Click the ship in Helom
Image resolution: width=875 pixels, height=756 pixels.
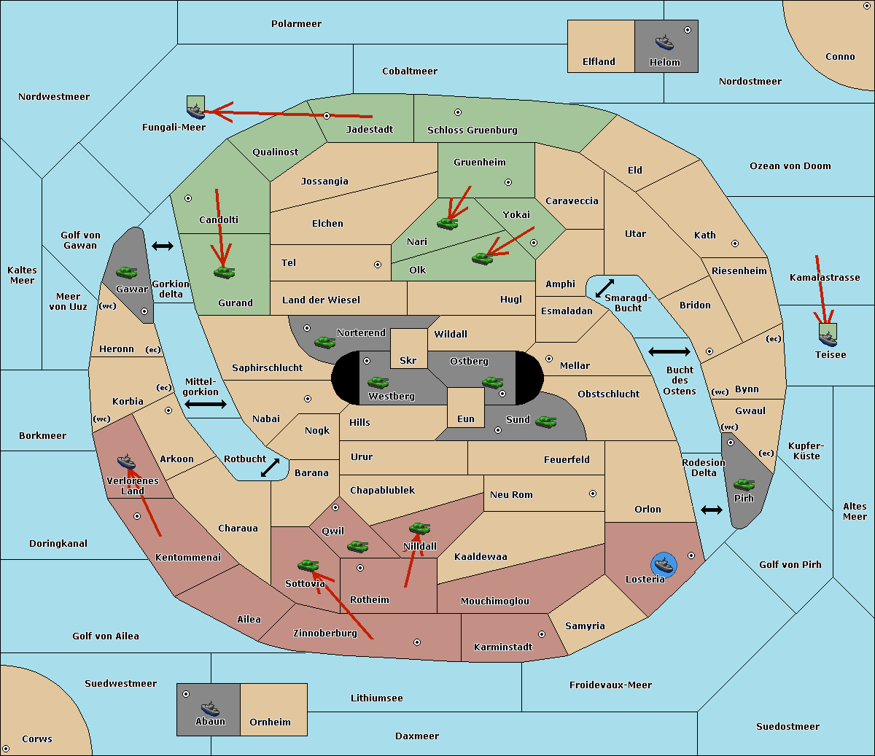tap(664, 42)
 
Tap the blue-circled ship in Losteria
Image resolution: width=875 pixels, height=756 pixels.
tap(664, 565)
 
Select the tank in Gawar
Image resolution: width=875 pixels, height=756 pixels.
tap(126, 272)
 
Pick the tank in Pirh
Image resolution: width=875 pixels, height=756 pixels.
tap(744, 485)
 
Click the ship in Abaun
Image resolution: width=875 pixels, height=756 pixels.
tap(210, 708)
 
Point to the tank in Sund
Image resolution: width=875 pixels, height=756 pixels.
tap(545, 421)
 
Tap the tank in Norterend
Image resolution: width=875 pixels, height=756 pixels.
tap(324, 342)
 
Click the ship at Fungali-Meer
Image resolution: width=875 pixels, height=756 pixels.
tap(196, 111)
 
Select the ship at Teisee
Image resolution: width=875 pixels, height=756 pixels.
tap(828, 339)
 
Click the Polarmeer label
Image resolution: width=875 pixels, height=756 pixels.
tap(296, 24)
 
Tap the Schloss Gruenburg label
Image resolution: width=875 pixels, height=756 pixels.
tap(472, 130)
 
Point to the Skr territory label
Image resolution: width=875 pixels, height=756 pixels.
tap(408, 360)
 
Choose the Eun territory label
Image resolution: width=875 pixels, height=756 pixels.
tap(466, 418)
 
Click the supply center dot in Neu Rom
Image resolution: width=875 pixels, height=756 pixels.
tap(593, 494)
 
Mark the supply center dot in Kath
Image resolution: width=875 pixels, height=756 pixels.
tap(735, 243)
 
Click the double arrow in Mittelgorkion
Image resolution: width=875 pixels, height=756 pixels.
tap(206, 404)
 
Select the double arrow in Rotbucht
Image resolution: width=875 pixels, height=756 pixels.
tap(270, 467)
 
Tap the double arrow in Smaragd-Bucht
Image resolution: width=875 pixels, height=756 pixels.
tap(604, 288)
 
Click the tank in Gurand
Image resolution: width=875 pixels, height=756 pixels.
tap(224, 272)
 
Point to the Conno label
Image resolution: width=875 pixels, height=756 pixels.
tap(840, 56)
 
